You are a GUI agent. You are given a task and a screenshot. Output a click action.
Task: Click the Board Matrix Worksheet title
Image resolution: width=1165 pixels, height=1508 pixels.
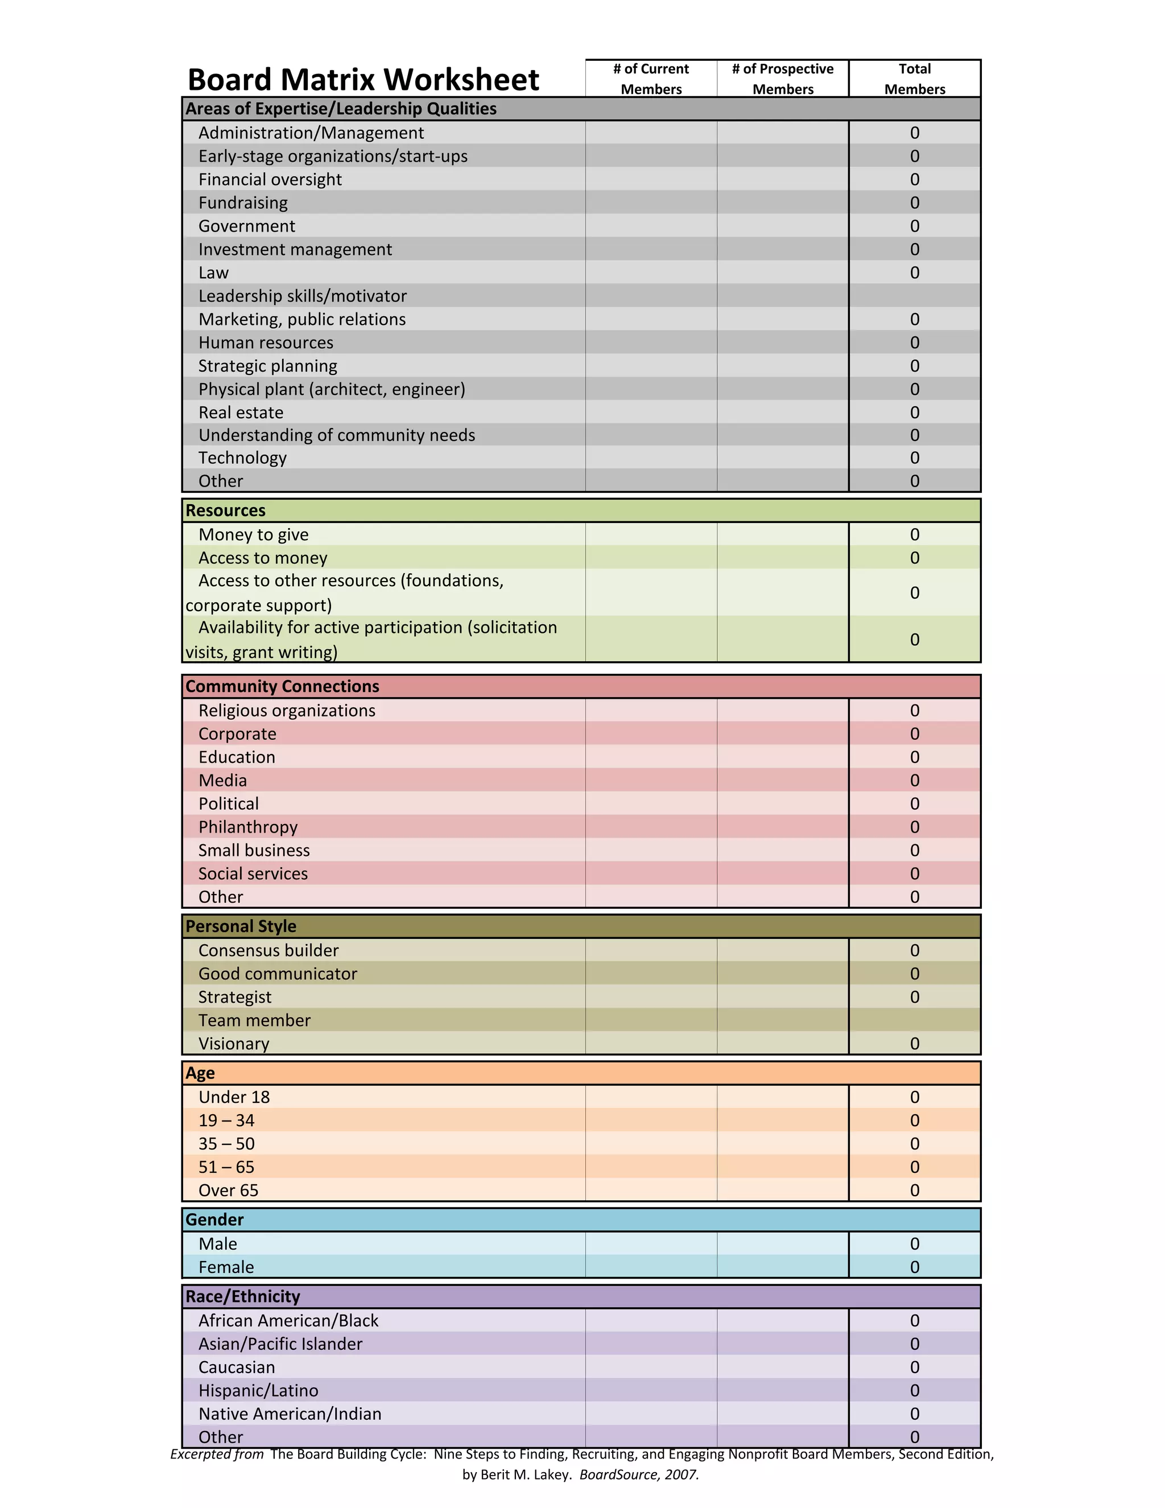pos(363,80)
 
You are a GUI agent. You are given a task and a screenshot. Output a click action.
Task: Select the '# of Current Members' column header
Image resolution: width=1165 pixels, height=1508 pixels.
pos(651,79)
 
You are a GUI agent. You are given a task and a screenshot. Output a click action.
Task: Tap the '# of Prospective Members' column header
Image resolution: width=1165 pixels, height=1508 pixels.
pos(783,79)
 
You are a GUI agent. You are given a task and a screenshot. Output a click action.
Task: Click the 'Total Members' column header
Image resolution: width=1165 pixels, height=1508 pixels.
pos(915,79)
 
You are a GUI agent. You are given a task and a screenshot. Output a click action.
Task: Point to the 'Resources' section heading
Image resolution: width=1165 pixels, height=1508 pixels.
pos(226,510)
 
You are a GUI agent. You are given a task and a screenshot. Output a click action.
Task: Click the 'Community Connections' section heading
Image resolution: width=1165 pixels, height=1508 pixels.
pos(282,686)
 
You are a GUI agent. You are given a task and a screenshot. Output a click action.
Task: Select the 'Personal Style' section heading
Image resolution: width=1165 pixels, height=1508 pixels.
pos(241,926)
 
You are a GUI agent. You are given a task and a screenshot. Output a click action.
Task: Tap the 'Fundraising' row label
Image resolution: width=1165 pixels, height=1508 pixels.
pos(243,203)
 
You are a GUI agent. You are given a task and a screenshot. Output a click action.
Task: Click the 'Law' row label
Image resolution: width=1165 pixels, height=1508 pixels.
pos(213,273)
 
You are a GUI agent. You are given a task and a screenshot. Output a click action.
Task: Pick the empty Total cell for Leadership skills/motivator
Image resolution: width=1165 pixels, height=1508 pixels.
pos(915,295)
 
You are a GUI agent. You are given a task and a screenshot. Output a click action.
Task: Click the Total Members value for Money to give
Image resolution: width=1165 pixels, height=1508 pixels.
pos(915,534)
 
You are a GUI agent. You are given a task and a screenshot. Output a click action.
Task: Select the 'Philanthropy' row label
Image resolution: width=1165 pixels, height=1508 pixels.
pos(248,827)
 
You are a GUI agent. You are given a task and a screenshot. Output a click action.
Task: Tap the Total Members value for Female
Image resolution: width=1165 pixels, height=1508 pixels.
pos(915,1267)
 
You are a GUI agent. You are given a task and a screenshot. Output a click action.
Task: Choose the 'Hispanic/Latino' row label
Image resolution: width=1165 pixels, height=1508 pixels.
pos(258,1391)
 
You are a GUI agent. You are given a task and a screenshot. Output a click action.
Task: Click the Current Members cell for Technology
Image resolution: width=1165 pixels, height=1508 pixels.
pos(651,458)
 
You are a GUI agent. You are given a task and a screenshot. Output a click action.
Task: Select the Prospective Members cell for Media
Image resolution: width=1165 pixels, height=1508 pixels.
pos(783,780)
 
